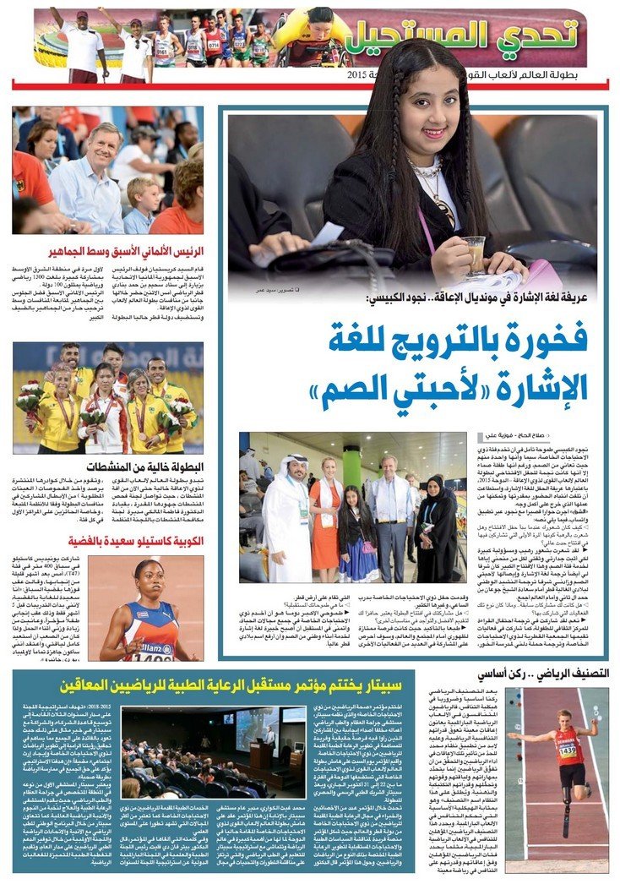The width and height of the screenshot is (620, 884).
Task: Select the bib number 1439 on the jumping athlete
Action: [x=568, y=751]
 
